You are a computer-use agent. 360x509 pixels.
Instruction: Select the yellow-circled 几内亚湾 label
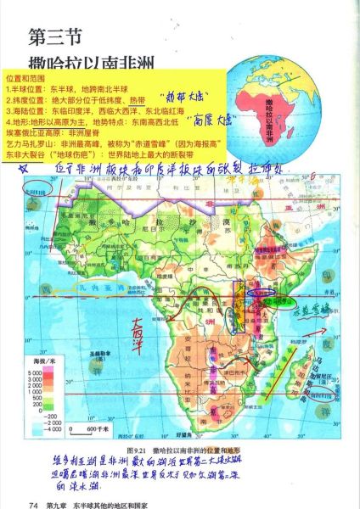[98, 288]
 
